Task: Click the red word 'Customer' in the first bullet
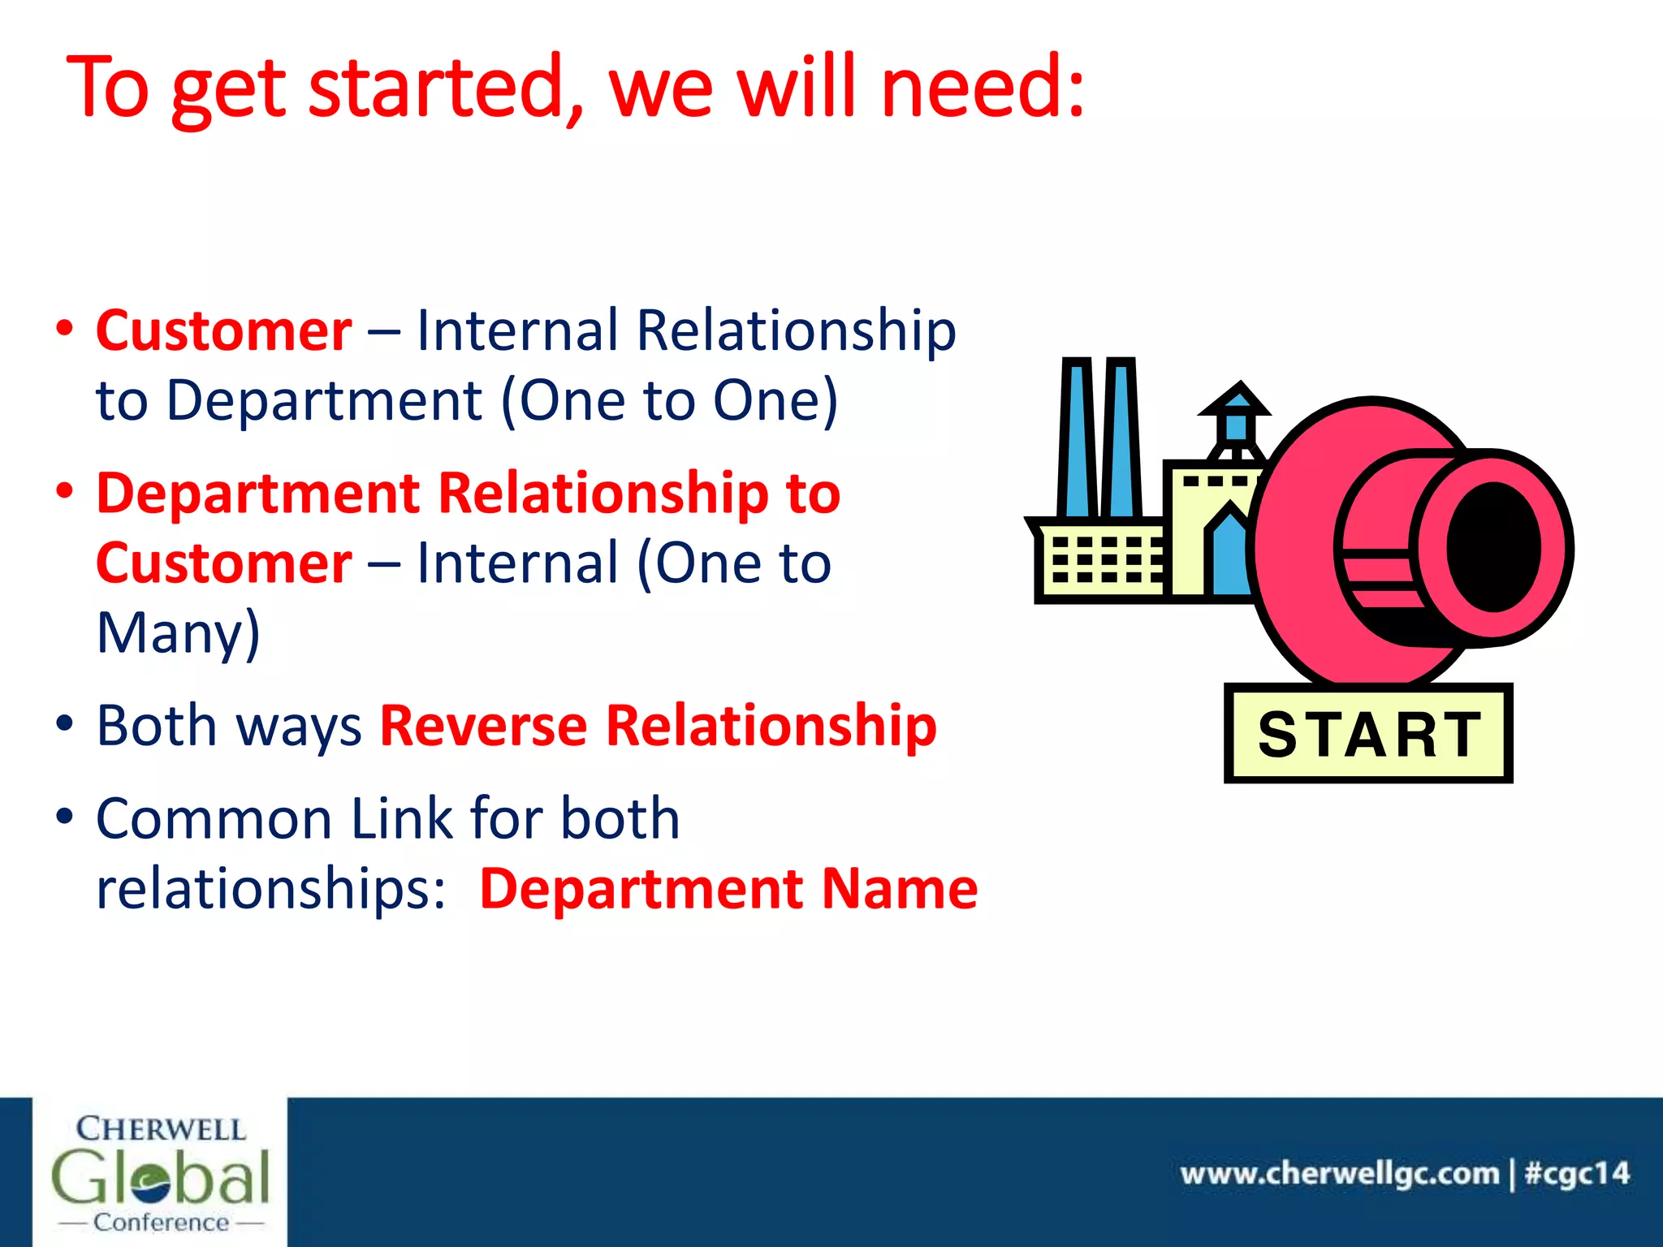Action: click(224, 331)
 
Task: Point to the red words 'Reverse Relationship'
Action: click(658, 725)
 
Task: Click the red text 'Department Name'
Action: click(728, 888)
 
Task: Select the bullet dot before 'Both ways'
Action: click(65, 723)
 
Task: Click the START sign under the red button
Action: click(1368, 734)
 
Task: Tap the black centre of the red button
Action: click(1494, 547)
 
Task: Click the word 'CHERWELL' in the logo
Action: click(161, 1129)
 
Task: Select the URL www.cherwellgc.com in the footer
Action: click(1340, 1174)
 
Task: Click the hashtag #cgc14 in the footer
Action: click(1577, 1174)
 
